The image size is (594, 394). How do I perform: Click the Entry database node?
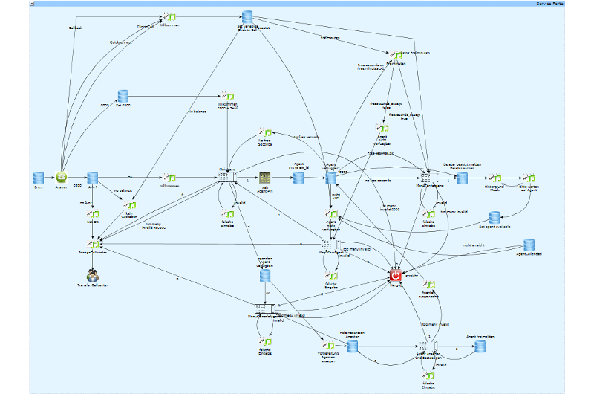pos(39,178)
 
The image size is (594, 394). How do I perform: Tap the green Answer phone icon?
pos(62,178)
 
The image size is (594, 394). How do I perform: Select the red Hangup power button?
pos(396,276)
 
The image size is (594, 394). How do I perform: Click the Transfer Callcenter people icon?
pos(93,274)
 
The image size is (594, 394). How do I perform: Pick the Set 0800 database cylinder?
pos(123,96)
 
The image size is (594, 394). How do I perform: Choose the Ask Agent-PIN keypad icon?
pos(265,178)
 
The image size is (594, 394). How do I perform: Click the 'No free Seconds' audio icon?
pos(265,132)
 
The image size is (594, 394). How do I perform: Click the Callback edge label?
pos(76,28)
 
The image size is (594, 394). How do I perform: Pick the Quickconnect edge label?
pos(120,42)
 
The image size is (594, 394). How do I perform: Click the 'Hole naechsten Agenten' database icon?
pos(353,346)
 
